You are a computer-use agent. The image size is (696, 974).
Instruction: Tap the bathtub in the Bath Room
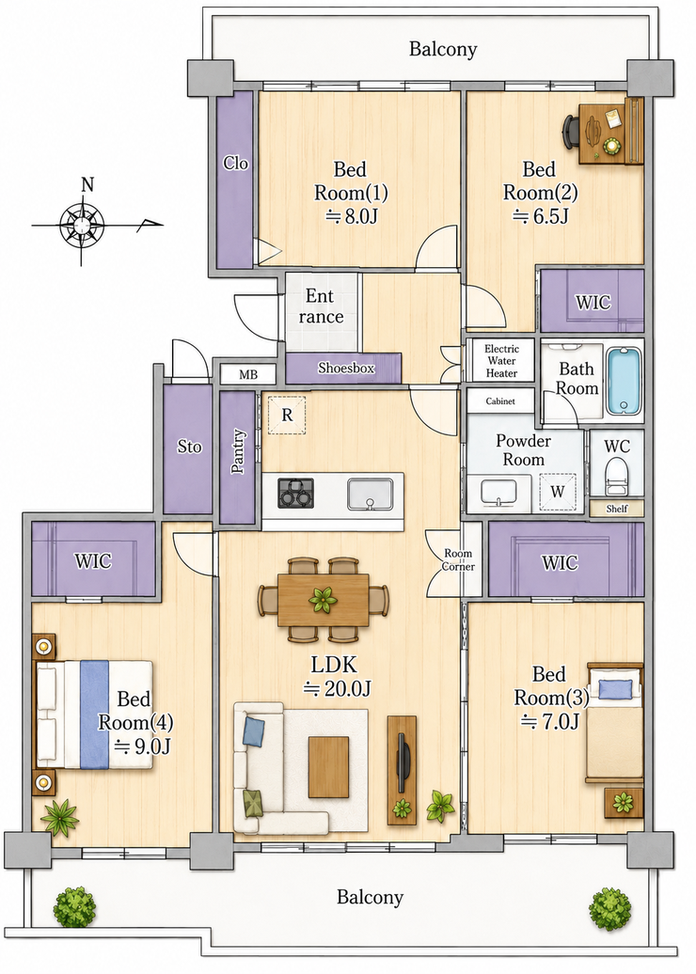[624, 381]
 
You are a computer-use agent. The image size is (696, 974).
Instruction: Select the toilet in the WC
[616, 476]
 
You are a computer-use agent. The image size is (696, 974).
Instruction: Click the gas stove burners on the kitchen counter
[295, 492]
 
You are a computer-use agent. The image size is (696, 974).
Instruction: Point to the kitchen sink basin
[370, 494]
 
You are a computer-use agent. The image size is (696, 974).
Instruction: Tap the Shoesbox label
[346, 368]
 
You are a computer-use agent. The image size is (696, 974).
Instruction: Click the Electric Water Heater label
[501, 361]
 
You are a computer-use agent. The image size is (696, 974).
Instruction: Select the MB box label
[248, 375]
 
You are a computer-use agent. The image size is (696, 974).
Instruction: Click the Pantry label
[238, 451]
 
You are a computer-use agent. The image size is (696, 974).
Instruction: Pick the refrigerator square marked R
[287, 415]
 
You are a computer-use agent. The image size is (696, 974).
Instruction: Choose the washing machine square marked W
[558, 492]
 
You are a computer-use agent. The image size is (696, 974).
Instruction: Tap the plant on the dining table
[324, 600]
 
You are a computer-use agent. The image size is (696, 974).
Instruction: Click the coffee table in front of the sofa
[329, 766]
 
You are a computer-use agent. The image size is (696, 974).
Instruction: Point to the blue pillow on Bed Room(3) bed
[615, 688]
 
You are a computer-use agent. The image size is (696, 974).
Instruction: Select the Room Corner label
[459, 559]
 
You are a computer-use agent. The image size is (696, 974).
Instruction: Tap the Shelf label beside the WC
[616, 509]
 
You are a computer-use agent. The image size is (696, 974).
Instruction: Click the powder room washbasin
[499, 492]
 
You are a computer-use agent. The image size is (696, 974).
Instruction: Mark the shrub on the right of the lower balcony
[610, 909]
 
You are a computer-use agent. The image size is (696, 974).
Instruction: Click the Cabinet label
[500, 401]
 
